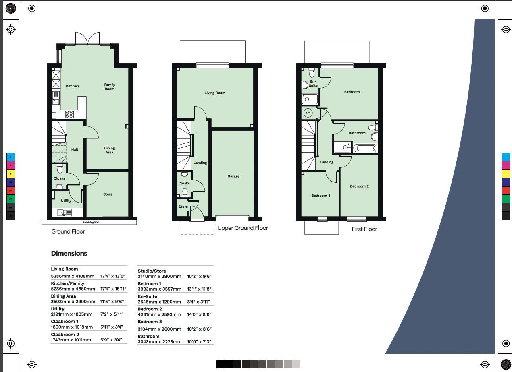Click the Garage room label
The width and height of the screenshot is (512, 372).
[233, 176]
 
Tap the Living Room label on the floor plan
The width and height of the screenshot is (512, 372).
[215, 93]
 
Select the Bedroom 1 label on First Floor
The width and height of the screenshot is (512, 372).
[353, 92]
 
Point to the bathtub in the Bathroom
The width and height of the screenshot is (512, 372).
[365, 148]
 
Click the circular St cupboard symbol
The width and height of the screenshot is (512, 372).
[308, 113]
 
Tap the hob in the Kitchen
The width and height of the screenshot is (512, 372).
[69, 114]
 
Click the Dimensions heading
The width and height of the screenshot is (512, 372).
[69, 253]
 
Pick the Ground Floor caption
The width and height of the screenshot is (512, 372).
[68, 231]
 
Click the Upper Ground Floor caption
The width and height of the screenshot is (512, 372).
[242, 228]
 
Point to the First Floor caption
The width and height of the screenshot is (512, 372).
[364, 229]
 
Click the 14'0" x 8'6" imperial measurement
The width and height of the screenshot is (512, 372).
[199, 314]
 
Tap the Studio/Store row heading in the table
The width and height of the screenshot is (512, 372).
[152, 271]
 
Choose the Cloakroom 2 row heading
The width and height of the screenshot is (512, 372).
[65, 335]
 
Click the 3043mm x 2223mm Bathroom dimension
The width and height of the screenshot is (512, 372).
[159, 342]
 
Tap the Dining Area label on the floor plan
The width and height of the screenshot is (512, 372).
[109, 150]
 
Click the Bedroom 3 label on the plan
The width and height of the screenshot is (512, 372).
[321, 196]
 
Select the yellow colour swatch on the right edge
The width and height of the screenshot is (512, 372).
[506, 174]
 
